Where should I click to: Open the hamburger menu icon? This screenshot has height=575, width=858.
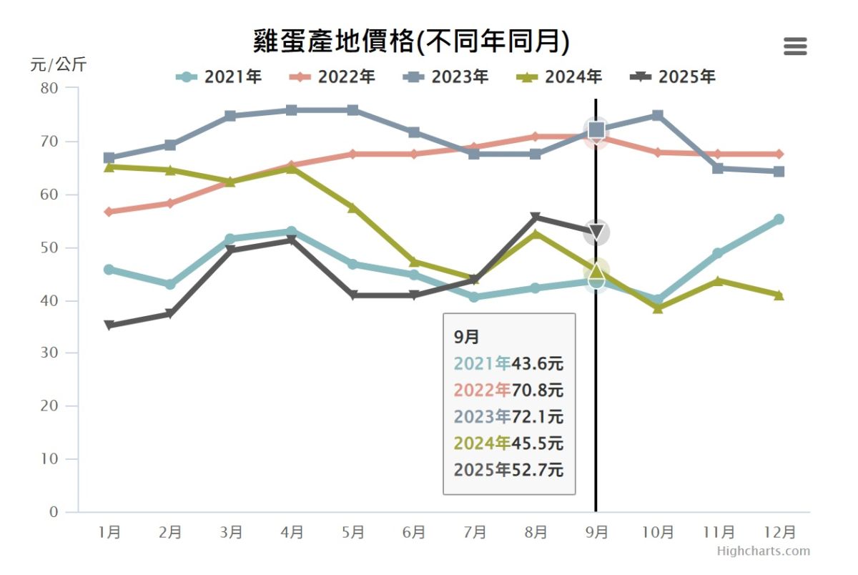[x=795, y=46]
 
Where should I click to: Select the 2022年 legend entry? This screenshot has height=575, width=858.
[x=332, y=77]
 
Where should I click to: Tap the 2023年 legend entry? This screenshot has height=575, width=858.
[x=446, y=77]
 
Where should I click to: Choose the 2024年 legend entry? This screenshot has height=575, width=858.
[x=560, y=77]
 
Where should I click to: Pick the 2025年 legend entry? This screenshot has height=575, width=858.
[x=674, y=77]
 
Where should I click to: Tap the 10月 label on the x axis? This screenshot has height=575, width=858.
[x=658, y=533]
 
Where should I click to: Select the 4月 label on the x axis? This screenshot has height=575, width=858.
[x=292, y=533]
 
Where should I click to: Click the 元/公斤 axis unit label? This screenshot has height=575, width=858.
[x=58, y=64]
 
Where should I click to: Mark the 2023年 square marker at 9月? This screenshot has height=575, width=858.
[x=596, y=129]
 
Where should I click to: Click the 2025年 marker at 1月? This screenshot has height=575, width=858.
[x=109, y=325]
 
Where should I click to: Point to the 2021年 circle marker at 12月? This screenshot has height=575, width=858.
[x=779, y=220]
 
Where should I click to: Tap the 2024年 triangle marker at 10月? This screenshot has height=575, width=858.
[x=658, y=308]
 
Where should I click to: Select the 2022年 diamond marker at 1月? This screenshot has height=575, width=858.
[x=109, y=212]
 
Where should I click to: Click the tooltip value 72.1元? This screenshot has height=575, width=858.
[x=537, y=416]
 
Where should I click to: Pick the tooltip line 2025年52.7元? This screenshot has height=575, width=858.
[x=508, y=470]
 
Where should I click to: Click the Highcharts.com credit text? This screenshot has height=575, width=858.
[x=764, y=551]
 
